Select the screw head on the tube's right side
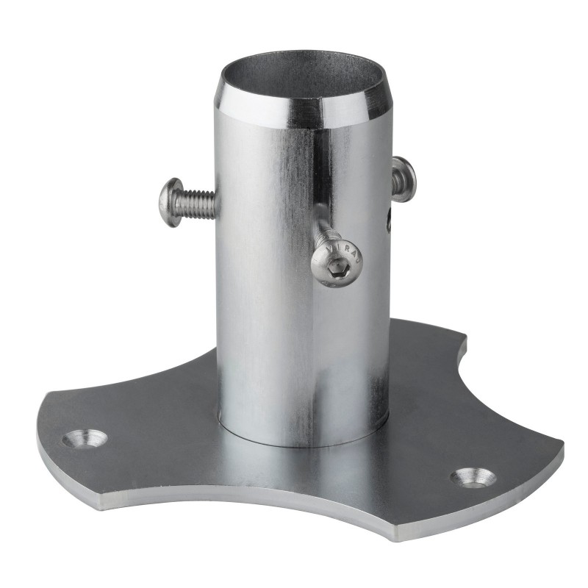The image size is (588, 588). [404, 179]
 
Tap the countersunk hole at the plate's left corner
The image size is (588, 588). [85, 439]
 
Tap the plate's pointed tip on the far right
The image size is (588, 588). [562, 447]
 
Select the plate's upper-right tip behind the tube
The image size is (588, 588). [465, 337]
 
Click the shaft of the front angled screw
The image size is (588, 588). [324, 228]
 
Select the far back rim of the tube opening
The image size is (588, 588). [301, 54]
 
